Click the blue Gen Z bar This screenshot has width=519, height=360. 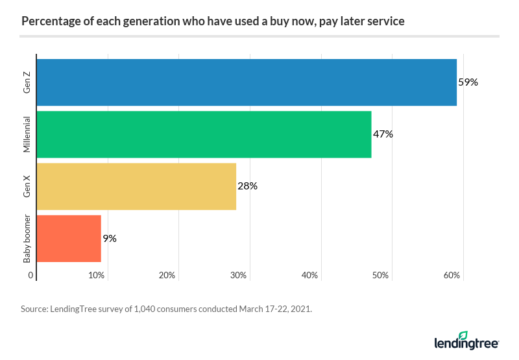[247, 82]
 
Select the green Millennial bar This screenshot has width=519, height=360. [204, 134]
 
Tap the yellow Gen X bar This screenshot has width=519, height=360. [136, 186]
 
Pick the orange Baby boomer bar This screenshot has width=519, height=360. [69, 238]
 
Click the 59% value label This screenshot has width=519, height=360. [468, 82]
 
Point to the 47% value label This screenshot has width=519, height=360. [383, 134]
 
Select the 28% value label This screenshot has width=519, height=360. [247, 186]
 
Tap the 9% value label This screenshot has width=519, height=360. [110, 238]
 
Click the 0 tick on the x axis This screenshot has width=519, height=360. [31, 275]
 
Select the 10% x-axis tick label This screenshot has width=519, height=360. [97, 275]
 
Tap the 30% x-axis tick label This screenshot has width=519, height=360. [239, 275]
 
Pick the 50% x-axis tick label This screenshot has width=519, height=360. [381, 275]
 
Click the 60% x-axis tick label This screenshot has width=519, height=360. [452, 275]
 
